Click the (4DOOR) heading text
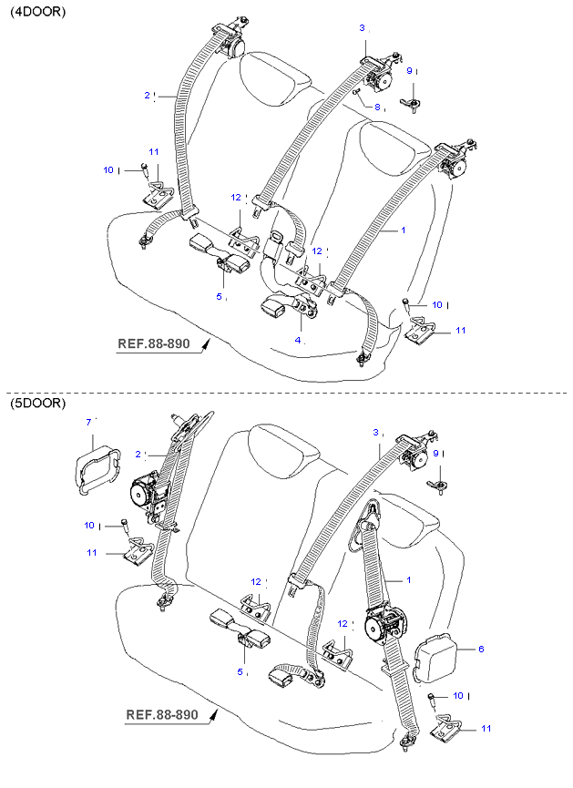pyautogui.click(x=37, y=12)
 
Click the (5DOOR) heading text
pyautogui.click(x=37, y=403)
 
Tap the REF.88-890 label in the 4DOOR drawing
pyautogui.click(x=156, y=344)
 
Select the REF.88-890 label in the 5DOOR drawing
pyautogui.click(x=161, y=715)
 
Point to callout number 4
pyautogui.click(x=298, y=340)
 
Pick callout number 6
pyautogui.click(x=481, y=650)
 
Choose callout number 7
pyautogui.click(x=88, y=422)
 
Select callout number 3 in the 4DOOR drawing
pyautogui.click(x=362, y=28)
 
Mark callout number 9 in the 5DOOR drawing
pyautogui.click(x=435, y=453)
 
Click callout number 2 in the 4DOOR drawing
pyautogui.click(x=146, y=95)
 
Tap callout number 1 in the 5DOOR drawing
pyautogui.click(x=409, y=579)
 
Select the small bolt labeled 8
pyautogui.click(x=357, y=91)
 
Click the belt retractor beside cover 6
pyautogui.click(x=388, y=628)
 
